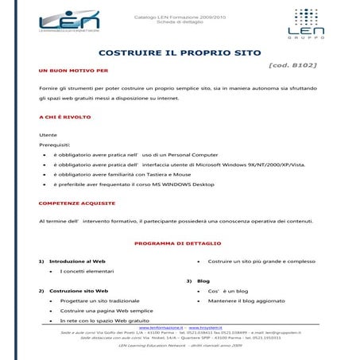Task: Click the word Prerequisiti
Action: [55, 145]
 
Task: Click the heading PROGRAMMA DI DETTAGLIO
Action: [178, 242]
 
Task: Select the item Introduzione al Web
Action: [77, 261]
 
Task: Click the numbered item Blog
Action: [203, 281]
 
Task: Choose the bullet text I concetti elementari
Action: [88, 271]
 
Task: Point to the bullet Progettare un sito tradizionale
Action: [99, 301]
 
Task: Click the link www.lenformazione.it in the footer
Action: [161, 327]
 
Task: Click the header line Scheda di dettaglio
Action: [179, 21]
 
